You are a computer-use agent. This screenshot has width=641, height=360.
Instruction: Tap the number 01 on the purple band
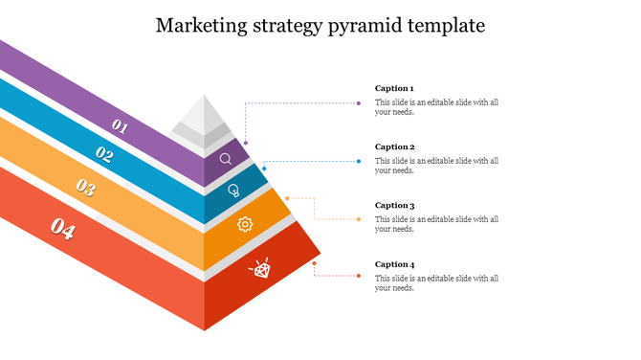[121, 124]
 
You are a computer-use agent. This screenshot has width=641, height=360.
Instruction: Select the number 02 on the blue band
[104, 154]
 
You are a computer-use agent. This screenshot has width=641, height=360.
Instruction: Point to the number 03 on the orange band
[86, 188]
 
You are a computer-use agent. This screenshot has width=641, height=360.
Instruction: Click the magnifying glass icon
[226, 159]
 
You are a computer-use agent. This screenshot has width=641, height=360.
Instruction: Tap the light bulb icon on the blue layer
[233, 191]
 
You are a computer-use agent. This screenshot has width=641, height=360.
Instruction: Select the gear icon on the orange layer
[244, 224]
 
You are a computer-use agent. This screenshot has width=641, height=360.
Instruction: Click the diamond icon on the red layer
[260, 269]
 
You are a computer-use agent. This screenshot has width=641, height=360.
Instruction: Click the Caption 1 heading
[394, 88]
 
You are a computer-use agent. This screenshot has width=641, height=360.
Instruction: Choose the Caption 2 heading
[394, 146]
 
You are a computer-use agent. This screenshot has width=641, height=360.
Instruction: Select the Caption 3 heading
[394, 205]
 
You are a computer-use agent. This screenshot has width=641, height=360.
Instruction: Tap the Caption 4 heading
[394, 263]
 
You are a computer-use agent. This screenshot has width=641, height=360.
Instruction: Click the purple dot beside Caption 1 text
[359, 102]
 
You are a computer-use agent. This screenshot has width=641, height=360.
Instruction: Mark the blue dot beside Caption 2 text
[359, 161]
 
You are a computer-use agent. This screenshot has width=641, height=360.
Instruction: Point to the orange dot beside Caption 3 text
[359, 219]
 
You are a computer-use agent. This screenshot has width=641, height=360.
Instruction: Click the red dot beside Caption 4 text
[359, 276]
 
